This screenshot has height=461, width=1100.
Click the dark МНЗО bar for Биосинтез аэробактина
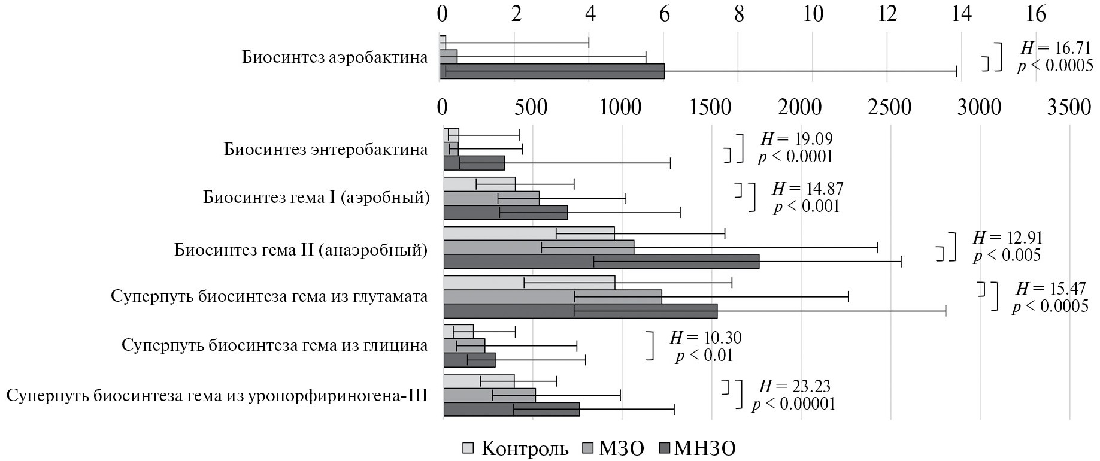click(552, 71)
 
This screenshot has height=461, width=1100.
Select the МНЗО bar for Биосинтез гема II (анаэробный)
click(601, 262)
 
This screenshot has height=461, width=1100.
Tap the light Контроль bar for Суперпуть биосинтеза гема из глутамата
click(529, 283)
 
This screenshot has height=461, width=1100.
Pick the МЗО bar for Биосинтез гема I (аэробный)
click(491, 198)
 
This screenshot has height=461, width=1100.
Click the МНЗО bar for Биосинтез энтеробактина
click(474, 163)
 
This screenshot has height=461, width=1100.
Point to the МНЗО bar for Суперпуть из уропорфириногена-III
click(511, 410)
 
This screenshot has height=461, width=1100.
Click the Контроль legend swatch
click(469, 448)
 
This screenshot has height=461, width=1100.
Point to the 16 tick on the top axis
click(1036, 14)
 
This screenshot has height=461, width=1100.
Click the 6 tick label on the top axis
click(665, 14)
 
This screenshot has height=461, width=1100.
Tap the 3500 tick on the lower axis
click(1069, 107)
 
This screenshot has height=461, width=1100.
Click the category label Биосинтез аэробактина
click(335, 57)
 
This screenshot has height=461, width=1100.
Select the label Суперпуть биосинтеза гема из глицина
click(274, 345)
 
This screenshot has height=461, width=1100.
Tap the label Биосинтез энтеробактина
click(326, 149)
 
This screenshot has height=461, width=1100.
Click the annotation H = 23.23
click(795, 386)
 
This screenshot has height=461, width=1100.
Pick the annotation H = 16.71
click(1055, 48)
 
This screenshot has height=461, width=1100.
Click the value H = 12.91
click(1008, 238)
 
